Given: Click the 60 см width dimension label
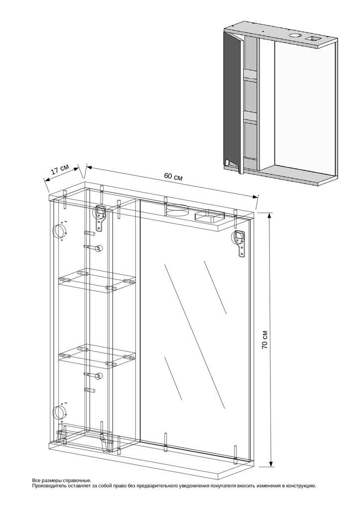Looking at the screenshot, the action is coord(173,177).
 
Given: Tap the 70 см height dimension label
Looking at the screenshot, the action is coord(265,340).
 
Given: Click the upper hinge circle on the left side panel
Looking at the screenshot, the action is coord(60,231).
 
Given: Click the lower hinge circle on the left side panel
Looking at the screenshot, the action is coord(60,412).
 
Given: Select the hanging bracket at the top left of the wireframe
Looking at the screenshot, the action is coord(100,217).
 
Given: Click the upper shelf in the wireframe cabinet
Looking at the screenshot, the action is coord(97,281).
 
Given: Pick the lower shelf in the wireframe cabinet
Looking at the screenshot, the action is coord(97,356).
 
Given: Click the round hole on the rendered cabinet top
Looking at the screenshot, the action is coord(296,35).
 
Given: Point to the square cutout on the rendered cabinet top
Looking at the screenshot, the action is coord(313,39).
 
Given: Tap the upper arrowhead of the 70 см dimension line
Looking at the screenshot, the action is coord(269,216).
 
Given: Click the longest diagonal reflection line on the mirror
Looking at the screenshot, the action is coord(194,336).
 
